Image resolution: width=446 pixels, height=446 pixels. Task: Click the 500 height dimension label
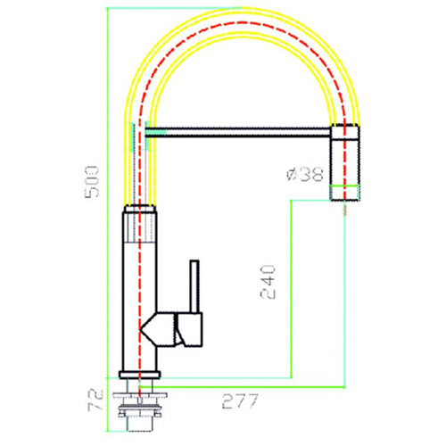tap(92, 182)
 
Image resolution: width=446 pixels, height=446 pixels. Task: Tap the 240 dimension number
tap(268, 282)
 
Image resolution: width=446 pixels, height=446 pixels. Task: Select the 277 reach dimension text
tap(240, 401)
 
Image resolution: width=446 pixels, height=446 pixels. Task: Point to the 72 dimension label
tap(95, 400)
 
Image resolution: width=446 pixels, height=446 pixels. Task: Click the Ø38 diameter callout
tap(305, 174)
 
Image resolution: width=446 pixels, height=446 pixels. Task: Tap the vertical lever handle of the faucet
tap(194, 286)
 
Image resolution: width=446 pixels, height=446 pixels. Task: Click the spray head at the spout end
tap(345, 163)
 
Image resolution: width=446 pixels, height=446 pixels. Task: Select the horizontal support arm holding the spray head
tap(238, 132)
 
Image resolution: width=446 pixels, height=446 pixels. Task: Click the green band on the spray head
tap(345, 187)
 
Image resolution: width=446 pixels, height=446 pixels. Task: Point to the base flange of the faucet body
tap(139, 375)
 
